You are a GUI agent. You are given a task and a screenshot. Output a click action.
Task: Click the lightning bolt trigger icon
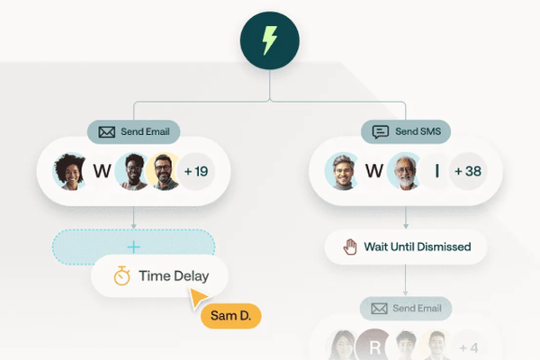click(x=270, y=41)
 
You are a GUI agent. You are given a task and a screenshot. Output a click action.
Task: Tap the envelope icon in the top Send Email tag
click(x=107, y=132)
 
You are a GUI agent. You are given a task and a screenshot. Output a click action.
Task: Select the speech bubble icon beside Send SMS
click(x=381, y=132)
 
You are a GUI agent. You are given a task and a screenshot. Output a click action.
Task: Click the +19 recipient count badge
click(x=195, y=171)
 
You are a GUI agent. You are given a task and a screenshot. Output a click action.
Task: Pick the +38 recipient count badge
click(x=468, y=171)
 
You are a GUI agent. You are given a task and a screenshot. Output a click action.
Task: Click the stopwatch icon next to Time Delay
click(x=122, y=276)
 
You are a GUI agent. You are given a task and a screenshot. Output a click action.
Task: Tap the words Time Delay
click(x=174, y=276)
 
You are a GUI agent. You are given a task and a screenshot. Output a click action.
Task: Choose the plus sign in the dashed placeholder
click(x=134, y=247)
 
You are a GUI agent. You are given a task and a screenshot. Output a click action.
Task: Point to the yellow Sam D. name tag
click(x=230, y=316)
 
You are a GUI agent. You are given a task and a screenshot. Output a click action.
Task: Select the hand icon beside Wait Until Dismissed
click(x=350, y=246)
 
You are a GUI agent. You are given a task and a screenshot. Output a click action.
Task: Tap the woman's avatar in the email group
click(x=70, y=171)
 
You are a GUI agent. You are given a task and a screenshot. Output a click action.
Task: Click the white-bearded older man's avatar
click(x=405, y=171)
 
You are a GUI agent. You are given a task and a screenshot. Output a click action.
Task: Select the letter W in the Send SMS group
click(x=373, y=171)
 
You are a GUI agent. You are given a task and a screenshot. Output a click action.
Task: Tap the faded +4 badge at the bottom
click(x=468, y=347)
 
